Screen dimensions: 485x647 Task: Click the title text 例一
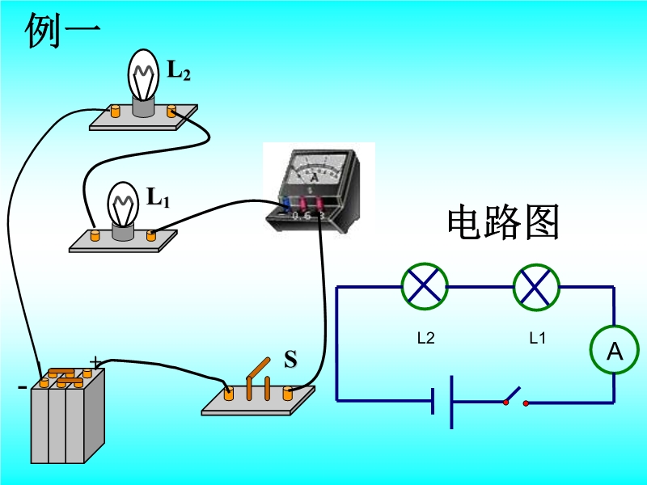tap(63, 32)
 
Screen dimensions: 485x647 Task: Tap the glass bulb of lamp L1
tap(124, 202)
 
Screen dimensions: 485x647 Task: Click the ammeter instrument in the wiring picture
tap(318, 186)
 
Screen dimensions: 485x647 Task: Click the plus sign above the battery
tap(96, 361)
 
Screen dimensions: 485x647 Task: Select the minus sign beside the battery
tap(21, 387)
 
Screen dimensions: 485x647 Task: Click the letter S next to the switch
tap(290, 360)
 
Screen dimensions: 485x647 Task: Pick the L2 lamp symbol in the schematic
tap(425, 286)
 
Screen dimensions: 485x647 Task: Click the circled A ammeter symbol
tap(614, 351)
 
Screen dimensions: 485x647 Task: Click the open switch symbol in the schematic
tap(514, 398)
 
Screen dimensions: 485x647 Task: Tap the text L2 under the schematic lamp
tap(425, 339)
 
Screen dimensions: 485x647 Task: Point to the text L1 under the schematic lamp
tap(538, 339)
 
